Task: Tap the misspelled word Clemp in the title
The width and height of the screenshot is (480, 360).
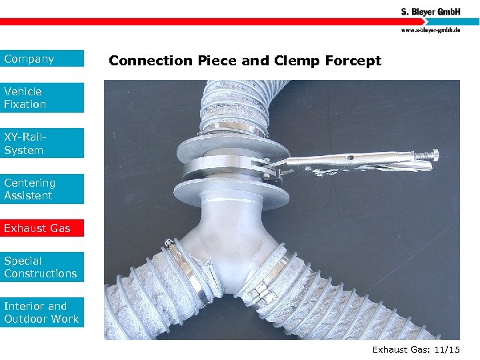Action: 296,61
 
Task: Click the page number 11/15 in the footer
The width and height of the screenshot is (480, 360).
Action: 446,349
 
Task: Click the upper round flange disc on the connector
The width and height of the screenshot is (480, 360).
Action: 230,145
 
